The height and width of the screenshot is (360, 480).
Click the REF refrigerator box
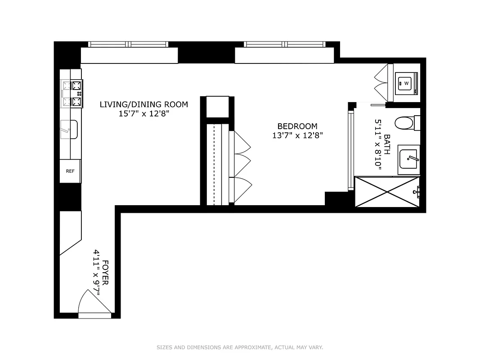click(71, 171)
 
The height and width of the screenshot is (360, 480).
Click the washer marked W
click(407, 83)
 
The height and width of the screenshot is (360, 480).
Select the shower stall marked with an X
click(387, 192)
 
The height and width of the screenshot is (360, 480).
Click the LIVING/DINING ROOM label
click(144, 104)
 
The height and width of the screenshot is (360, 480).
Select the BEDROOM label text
click(297, 126)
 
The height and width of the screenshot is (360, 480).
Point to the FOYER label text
click(106, 273)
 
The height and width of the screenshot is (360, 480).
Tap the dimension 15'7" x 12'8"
click(144, 114)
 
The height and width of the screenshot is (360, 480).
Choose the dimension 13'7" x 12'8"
click(297, 135)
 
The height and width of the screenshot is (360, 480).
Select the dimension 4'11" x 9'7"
click(96, 273)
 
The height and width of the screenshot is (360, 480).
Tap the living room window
click(129, 44)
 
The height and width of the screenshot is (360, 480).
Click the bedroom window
click(284, 44)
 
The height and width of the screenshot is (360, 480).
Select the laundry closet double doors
click(381, 82)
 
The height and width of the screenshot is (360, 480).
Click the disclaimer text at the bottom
click(240, 347)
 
